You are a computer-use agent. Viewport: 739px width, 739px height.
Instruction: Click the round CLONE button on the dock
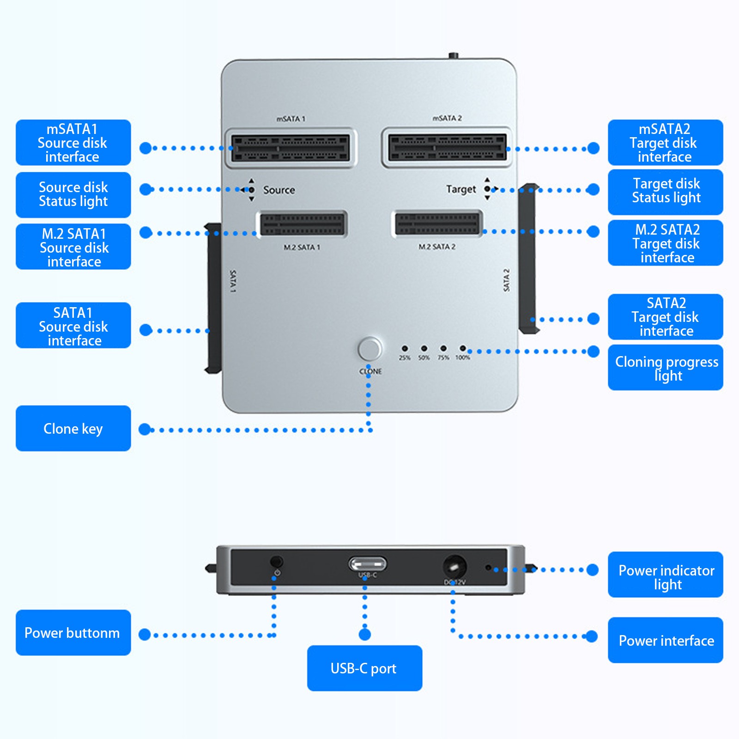(369, 349)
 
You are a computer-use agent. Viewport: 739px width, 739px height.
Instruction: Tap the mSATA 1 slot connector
(291, 148)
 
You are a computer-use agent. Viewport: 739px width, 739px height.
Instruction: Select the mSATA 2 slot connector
(447, 147)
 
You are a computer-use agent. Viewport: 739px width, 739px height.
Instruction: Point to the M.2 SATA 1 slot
(303, 224)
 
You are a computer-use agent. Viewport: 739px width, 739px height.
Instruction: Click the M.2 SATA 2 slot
(437, 224)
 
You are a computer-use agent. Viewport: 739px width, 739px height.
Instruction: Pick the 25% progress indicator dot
(405, 348)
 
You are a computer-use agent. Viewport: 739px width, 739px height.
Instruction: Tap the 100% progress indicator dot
(462, 348)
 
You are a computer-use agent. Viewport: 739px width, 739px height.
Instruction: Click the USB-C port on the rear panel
(367, 564)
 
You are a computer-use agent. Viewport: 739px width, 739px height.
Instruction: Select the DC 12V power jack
(454, 567)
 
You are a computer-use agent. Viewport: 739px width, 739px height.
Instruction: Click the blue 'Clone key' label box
(73, 428)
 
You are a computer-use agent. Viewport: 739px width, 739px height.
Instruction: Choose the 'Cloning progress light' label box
(666, 368)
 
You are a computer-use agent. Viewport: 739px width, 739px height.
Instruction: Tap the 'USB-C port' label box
(365, 668)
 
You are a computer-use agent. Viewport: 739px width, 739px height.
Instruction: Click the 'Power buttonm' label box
(73, 632)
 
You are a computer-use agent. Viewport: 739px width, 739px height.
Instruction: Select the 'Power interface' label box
(666, 640)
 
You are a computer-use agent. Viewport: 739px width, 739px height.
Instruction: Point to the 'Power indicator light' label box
(666, 575)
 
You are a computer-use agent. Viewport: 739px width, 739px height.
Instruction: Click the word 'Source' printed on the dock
(279, 190)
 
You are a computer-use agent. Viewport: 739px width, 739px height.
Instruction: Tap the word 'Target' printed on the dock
(461, 189)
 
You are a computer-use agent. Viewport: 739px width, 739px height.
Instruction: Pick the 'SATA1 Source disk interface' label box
(73, 325)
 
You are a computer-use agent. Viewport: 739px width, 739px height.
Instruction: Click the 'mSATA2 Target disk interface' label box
(666, 142)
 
